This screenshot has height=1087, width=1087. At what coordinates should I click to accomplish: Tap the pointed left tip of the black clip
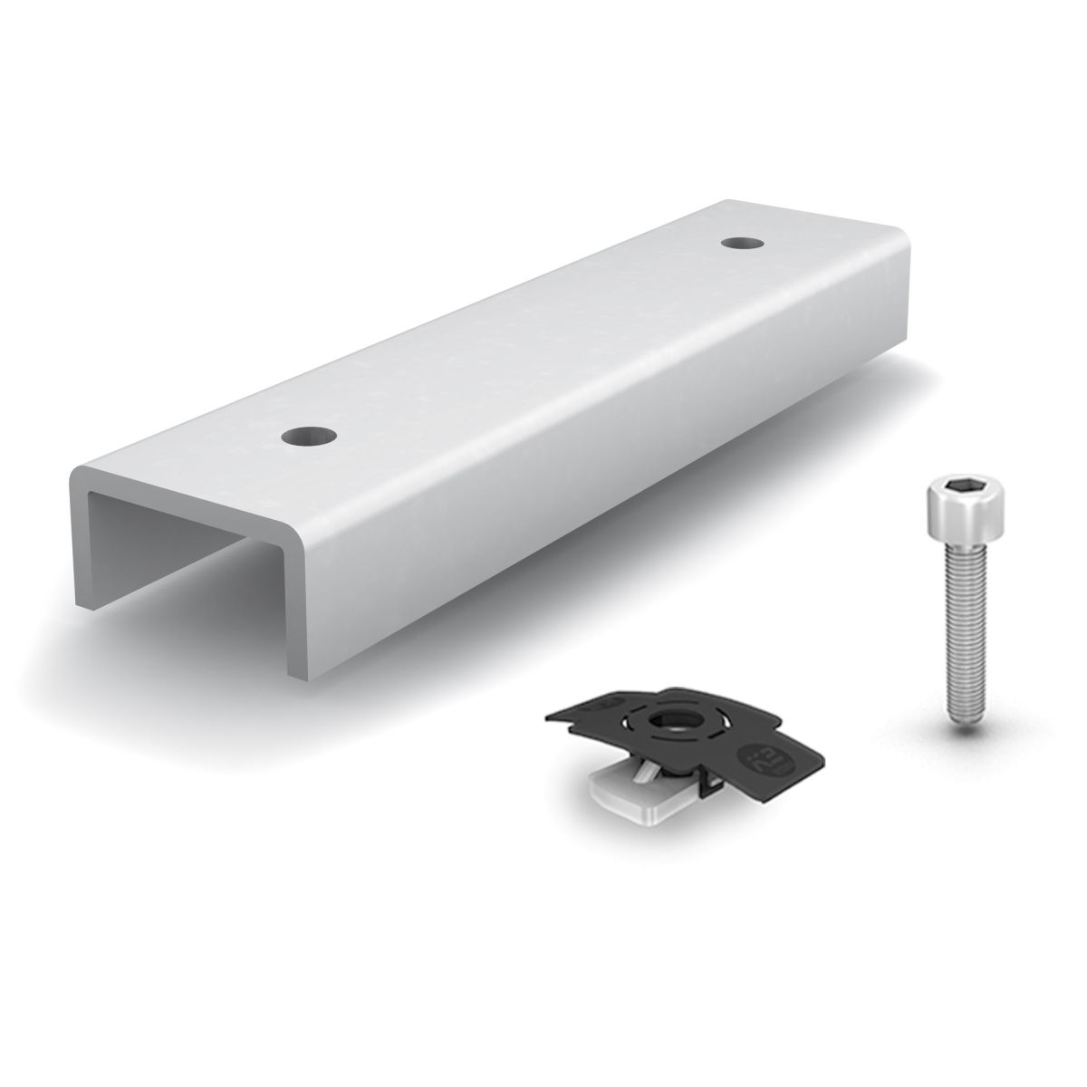pyautogui.click(x=549, y=717)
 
